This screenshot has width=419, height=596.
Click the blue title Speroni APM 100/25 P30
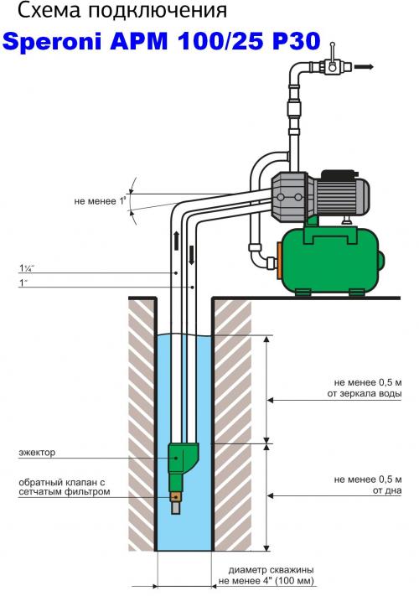tap(162, 41)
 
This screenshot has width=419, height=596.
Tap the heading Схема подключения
tap(122, 12)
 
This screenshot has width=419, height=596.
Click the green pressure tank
tap(331, 261)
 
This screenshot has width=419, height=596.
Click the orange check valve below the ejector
tap(176, 497)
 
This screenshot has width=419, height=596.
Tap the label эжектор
tap(37, 453)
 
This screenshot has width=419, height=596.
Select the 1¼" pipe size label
tap(27, 268)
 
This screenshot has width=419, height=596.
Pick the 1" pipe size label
tap(23, 282)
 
